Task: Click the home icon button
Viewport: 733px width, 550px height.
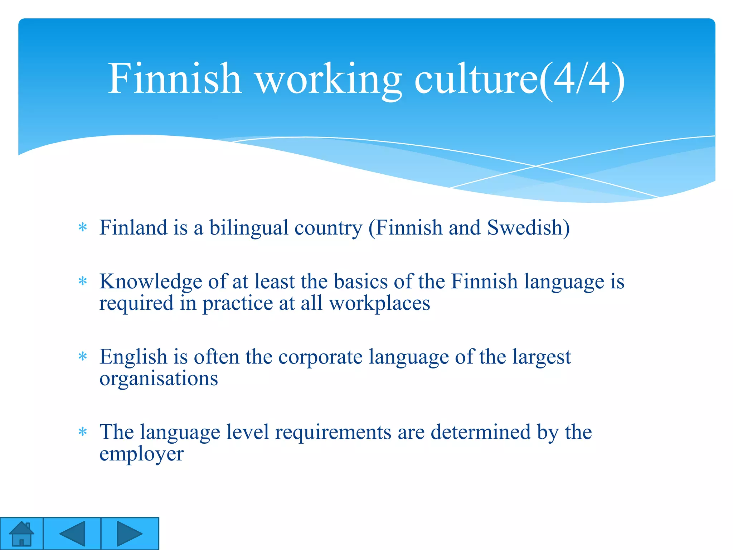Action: (21, 534)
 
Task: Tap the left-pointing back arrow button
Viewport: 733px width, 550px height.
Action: (72, 534)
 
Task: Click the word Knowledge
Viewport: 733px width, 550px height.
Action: (151, 282)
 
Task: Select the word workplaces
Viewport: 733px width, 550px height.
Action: (379, 304)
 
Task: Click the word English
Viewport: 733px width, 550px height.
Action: (134, 357)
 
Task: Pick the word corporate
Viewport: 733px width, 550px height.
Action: (320, 357)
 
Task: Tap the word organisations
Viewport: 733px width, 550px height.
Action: (159, 378)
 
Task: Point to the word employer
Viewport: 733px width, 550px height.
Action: (141, 454)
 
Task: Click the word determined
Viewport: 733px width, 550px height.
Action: (480, 432)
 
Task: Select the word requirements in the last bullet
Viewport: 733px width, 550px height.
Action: (333, 432)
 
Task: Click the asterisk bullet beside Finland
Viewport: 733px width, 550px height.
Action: (83, 227)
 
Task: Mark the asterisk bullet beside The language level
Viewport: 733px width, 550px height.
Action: (83, 431)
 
